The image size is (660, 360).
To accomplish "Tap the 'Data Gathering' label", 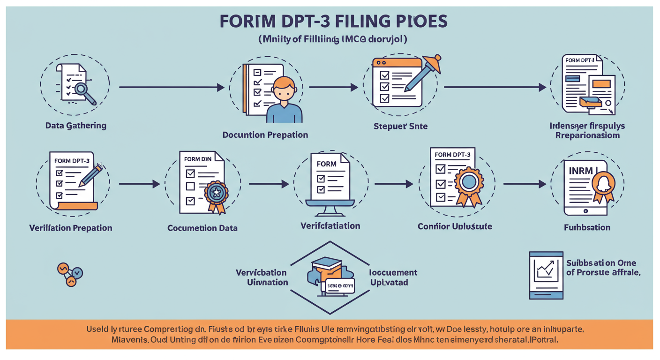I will point(75,126).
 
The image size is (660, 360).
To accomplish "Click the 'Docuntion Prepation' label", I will point(265,135).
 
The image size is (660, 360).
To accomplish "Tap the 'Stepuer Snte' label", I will point(400,126).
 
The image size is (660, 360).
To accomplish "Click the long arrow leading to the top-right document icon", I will point(495,87).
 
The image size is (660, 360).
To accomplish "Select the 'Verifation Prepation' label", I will point(71,228).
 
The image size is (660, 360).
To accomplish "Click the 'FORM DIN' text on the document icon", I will point(198,159).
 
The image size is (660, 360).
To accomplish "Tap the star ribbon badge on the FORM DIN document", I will point(217,194).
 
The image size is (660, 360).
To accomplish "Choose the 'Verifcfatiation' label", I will point(330,225).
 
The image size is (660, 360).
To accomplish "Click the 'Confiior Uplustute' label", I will point(455,226).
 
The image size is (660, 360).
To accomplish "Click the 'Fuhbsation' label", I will point(587,228).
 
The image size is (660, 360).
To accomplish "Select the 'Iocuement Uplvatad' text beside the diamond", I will point(393,277).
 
